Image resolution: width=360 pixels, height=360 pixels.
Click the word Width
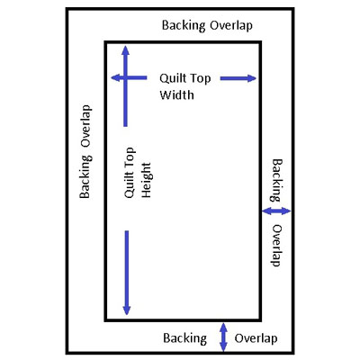176,95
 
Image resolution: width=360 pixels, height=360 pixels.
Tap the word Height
146,180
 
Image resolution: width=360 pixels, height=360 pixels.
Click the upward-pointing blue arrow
125,86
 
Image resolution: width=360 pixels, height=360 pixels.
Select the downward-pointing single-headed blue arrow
127,273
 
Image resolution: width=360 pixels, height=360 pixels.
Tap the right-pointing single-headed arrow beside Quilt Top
238,78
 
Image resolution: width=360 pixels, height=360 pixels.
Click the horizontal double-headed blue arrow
276,211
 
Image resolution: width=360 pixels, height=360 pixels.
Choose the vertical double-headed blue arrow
223,337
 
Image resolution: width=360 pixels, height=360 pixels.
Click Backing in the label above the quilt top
184,25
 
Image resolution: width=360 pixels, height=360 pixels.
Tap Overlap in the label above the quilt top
231,26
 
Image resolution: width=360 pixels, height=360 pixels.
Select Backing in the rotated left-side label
85,177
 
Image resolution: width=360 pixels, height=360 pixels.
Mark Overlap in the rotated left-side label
85,126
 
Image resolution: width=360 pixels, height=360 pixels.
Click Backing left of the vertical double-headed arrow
185,338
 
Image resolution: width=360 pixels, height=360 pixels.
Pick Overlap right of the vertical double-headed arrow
256,338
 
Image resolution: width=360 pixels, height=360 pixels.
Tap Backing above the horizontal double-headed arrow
277,180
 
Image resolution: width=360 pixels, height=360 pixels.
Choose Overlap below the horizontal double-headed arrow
277,246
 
